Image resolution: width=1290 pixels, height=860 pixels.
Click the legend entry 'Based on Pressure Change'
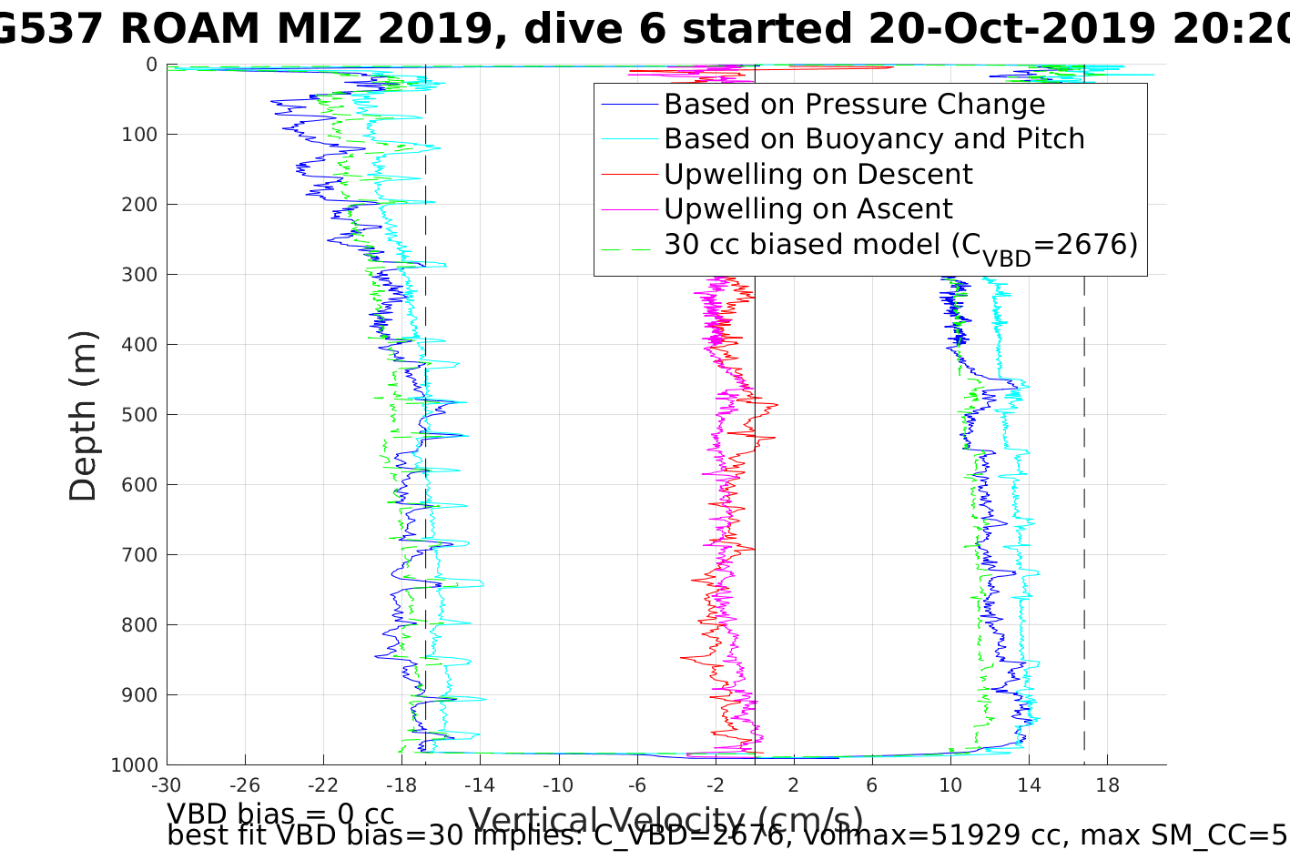854,105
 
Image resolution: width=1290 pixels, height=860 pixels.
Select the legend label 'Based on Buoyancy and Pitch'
874,139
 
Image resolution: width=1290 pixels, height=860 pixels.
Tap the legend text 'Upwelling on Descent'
818,174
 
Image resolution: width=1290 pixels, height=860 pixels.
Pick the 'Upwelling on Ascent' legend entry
808,209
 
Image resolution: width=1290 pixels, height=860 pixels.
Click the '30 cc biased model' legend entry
899,246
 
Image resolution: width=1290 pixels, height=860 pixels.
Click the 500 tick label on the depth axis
138,415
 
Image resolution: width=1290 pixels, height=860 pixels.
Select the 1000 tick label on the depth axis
133,765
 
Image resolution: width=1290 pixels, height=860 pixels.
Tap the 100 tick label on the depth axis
138,135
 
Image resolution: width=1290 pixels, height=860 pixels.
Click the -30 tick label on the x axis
166,785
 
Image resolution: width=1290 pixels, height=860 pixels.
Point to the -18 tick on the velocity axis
401,785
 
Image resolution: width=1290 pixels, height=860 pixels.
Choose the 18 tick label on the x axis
1108,785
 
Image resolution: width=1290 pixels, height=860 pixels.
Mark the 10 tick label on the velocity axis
950,785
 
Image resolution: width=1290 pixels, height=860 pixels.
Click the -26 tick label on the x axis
244,785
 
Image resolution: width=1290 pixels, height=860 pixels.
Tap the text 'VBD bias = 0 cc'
280,814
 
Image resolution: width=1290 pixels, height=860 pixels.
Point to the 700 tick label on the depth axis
138,555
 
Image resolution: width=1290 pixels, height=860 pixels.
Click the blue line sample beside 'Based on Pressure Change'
628,106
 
